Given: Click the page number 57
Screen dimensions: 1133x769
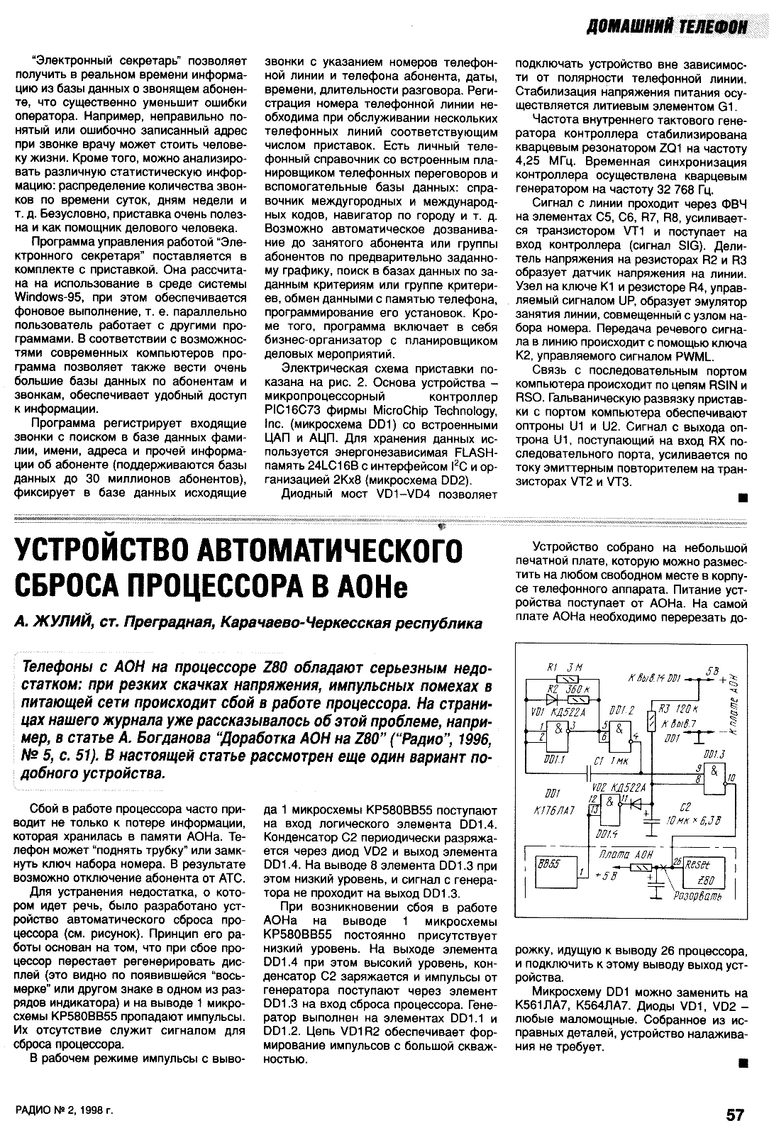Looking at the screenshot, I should pos(734,1114).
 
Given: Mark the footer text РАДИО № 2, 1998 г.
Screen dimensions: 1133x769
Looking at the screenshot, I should pos(65,1115).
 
